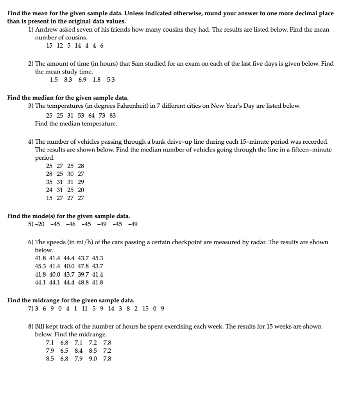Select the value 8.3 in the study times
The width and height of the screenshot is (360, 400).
tap(68, 80)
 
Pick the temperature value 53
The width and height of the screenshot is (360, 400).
tap(82, 116)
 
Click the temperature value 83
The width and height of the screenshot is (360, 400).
tap(112, 116)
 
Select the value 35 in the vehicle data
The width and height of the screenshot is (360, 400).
tap(49, 182)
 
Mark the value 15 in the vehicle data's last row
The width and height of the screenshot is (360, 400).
tap(49, 198)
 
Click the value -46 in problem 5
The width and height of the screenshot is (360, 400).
tap(71, 224)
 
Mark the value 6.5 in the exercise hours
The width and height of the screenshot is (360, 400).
tap(64, 350)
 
